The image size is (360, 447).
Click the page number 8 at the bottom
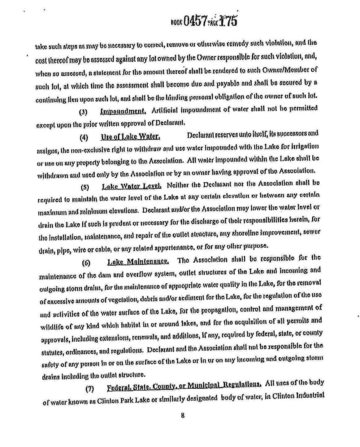[x=183, y=415]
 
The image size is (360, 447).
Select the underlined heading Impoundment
[x=123, y=111]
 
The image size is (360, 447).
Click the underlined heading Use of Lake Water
[x=130, y=136]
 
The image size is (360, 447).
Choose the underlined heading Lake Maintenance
[x=138, y=262]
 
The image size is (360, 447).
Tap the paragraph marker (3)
[x=84, y=112]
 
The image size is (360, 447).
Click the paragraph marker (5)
[x=85, y=188]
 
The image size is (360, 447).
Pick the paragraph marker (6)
[x=86, y=263]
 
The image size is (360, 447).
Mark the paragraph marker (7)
[x=90, y=388]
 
